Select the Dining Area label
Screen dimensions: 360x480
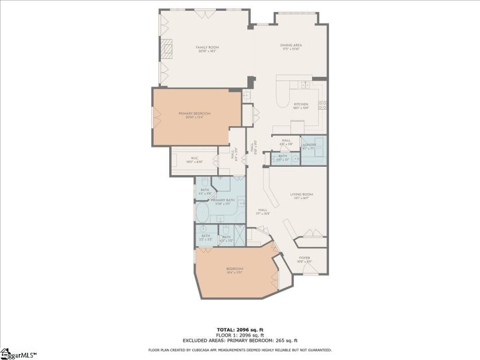290,46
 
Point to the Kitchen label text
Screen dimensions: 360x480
300,104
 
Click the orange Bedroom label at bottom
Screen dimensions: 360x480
235,268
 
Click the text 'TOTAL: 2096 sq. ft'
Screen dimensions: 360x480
239,329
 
